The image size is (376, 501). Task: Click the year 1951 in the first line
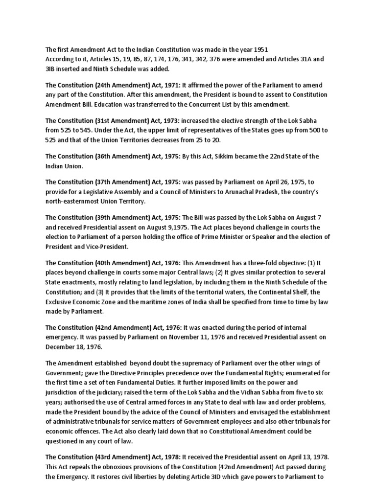(x=260, y=50)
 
